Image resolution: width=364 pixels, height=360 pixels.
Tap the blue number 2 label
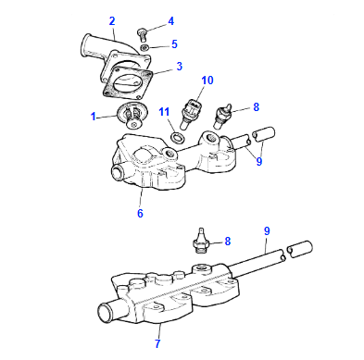click(112, 19)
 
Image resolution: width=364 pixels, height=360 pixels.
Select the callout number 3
click(180, 66)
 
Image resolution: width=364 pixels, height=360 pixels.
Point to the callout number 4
click(170, 21)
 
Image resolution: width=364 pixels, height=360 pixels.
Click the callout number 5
click(174, 43)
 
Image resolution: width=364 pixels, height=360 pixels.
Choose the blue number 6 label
click(140, 213)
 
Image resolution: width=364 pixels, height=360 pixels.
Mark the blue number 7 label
click(158, 343)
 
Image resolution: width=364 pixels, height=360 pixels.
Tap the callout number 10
click(207, 80)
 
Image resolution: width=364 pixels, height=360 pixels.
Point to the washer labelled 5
click(145, 45)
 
